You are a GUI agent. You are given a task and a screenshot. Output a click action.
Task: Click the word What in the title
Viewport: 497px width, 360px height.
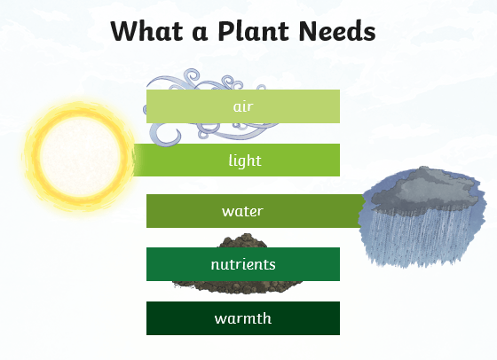tap(147, 31)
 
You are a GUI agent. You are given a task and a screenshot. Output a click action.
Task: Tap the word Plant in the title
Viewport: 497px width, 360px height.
tap(253, 31)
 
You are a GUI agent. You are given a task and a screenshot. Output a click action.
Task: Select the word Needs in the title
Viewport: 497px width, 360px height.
tap(337, 31)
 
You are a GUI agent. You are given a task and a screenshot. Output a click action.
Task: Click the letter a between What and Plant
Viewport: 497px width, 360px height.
tap(200, 34)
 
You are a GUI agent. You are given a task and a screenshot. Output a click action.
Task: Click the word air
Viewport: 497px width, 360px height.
tap(243, 106)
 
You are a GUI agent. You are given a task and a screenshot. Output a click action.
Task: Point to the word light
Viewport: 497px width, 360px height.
tap(245, 160)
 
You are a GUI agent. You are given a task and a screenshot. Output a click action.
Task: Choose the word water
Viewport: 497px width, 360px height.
tap(242, 211)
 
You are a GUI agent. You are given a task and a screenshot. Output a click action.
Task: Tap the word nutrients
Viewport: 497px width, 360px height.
tap(243, 264)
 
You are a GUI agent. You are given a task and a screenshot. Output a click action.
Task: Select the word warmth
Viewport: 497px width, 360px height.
tap(243, 318)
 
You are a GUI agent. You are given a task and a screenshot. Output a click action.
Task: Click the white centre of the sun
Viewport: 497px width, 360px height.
tap(80, 156)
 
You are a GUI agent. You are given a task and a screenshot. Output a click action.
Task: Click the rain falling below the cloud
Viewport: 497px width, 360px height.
tap(418, 238)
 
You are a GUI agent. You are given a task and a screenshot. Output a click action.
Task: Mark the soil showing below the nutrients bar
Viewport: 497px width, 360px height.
tap(238, 286)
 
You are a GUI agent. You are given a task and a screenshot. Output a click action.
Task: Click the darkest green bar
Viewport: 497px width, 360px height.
tap(243, 318)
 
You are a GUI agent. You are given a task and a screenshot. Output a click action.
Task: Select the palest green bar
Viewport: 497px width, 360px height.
tap(243, 106)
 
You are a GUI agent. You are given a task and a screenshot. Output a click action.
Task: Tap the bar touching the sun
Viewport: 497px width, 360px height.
tap(236, 160)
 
